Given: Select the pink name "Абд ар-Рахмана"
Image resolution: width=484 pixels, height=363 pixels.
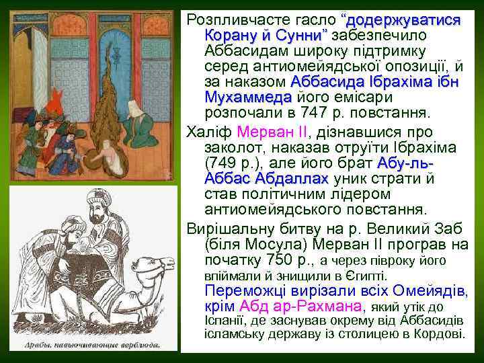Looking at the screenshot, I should (300, 307).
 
